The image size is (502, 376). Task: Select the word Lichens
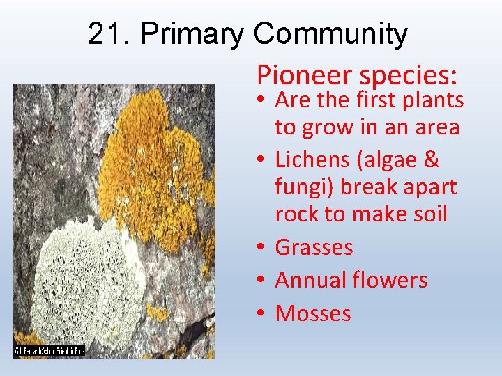(314, 159)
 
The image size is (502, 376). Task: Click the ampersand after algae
(432, 159)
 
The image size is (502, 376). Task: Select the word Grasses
(314, 247)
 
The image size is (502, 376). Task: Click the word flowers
(393, 280)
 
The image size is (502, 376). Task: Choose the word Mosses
(313, 313)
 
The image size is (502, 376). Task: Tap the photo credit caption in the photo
(50, 352)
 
